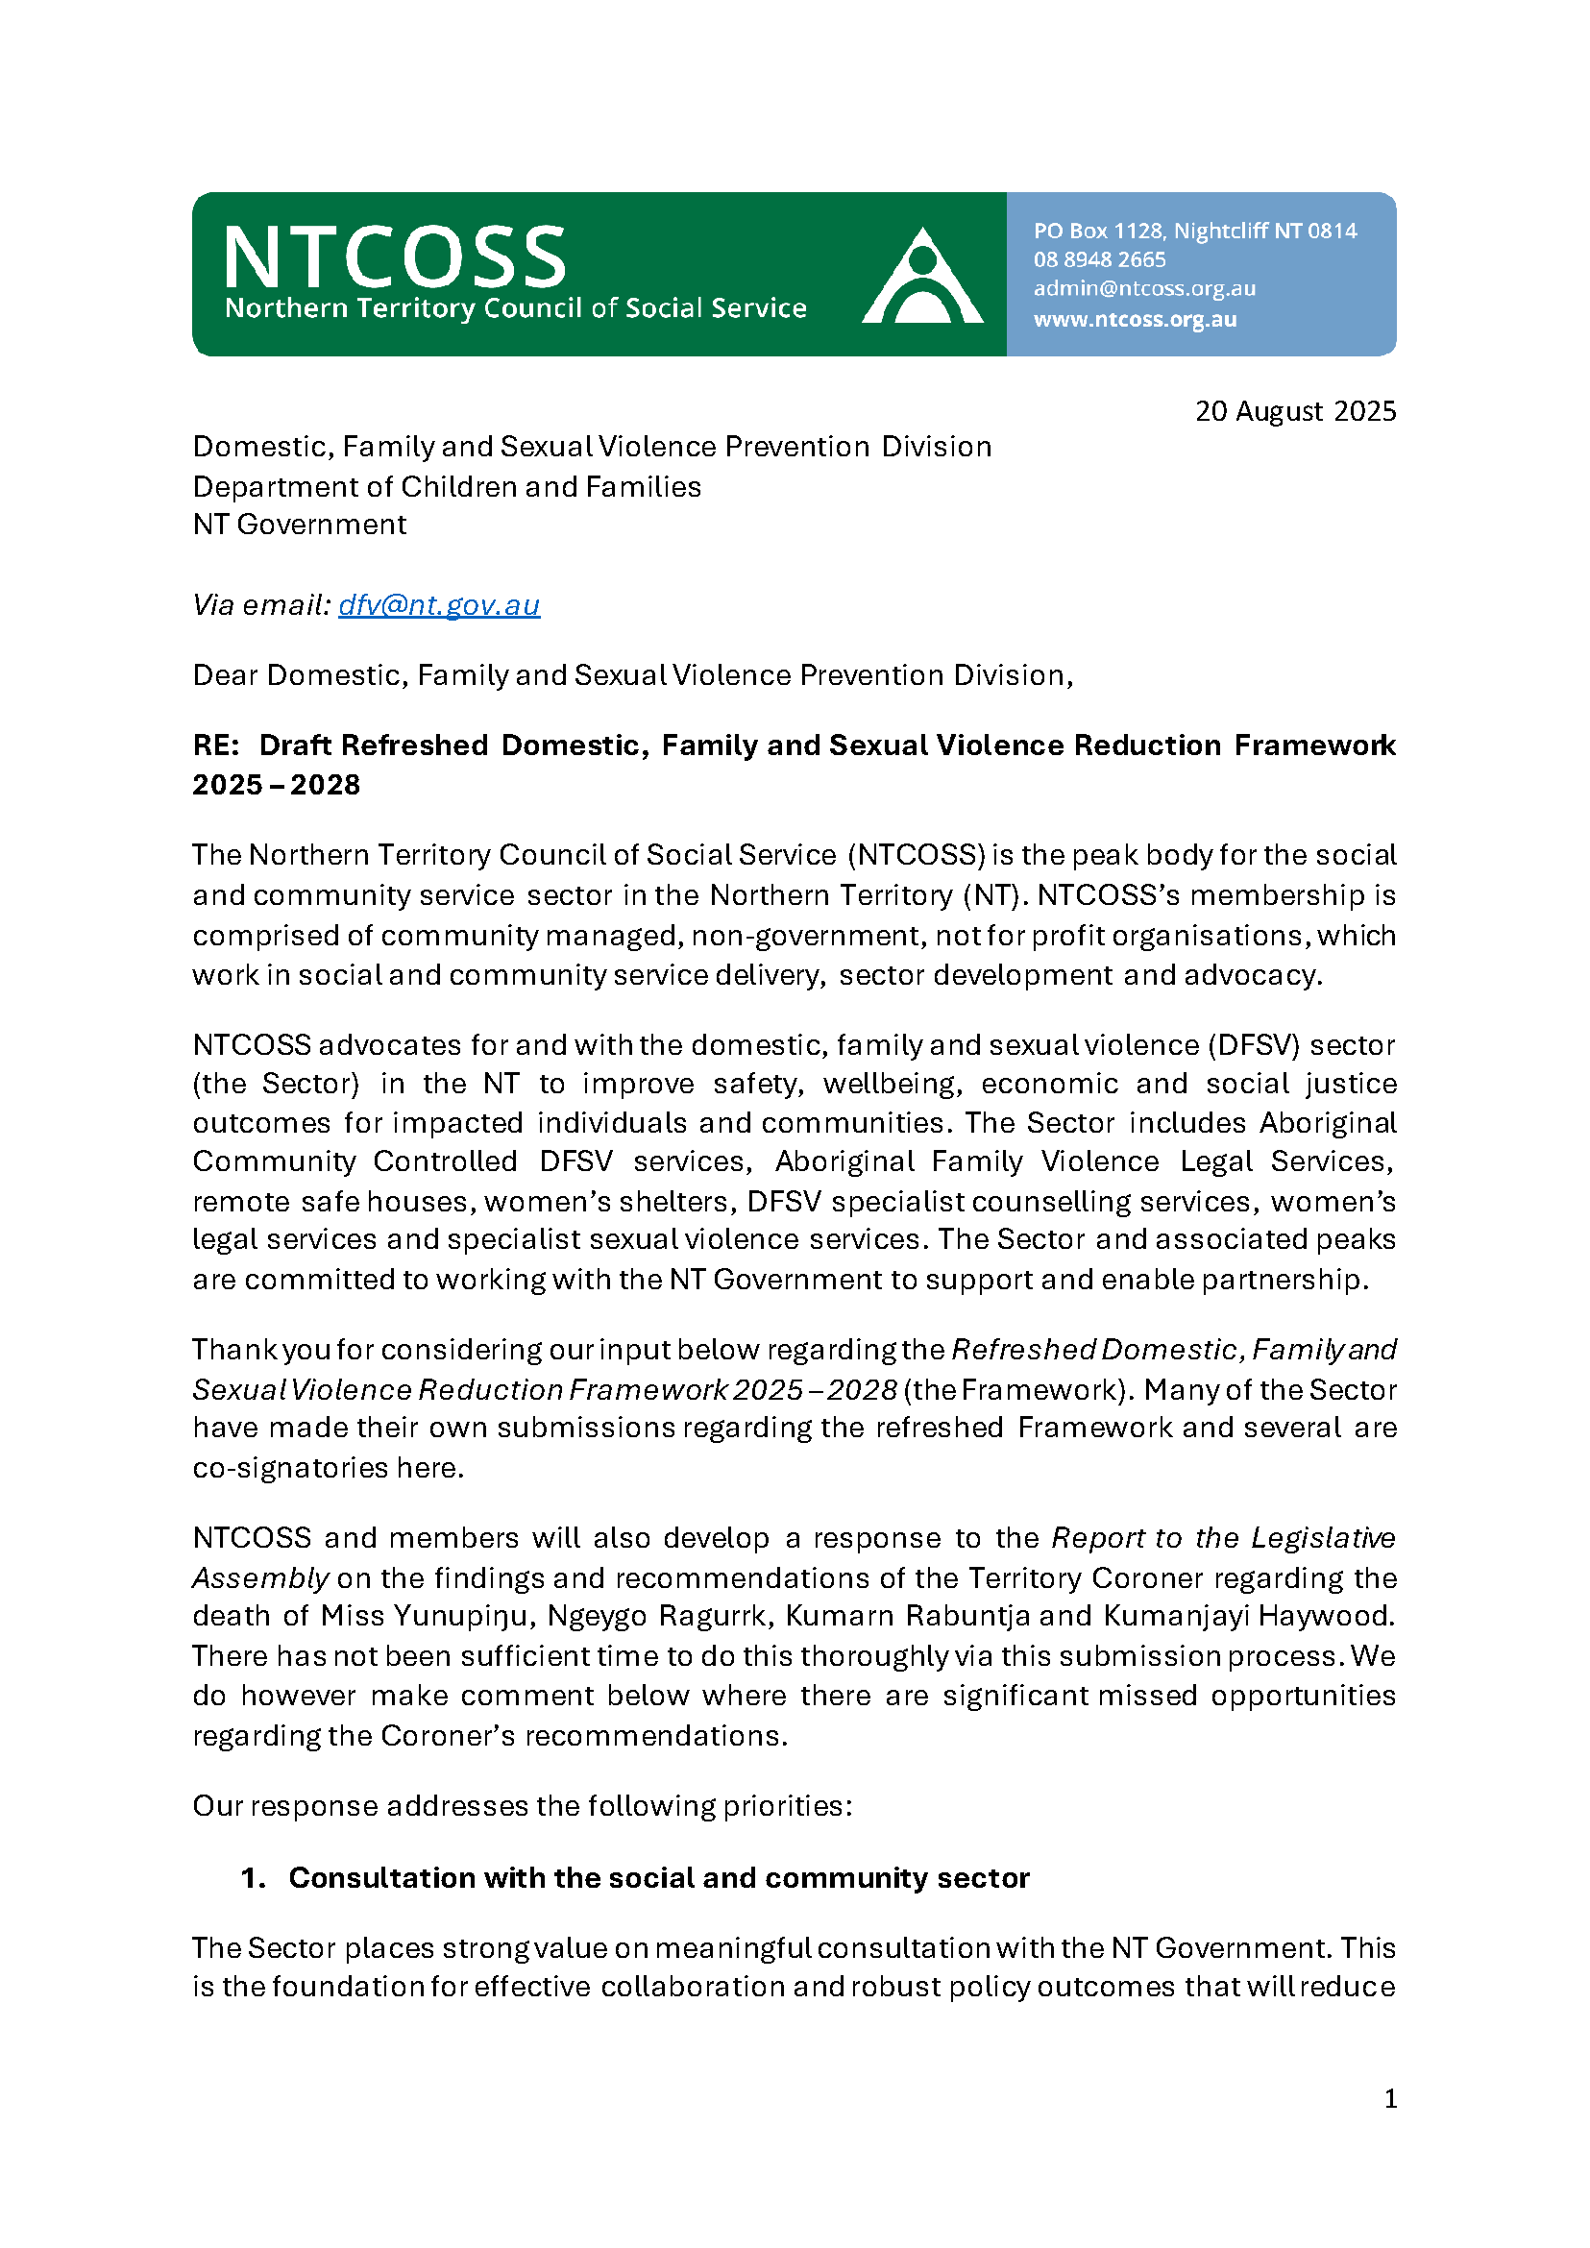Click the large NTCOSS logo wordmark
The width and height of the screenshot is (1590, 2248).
(395, 257)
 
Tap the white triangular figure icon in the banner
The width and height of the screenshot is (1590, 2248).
(921, 277)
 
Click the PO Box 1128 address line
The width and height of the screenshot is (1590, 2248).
(1194, 232)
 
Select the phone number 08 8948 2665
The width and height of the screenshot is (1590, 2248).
(1099, 260)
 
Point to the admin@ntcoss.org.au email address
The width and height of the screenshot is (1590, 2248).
(1143, 289)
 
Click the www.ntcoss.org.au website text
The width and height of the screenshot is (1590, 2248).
(1135, 319)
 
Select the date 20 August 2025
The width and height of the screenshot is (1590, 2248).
(1294, 411)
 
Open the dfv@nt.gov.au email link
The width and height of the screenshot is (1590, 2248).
(439, 605)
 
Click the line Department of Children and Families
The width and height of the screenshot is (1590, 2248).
(447, 487)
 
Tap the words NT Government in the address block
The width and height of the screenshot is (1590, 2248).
(299, 525)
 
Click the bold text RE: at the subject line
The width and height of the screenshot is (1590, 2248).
(215, 745)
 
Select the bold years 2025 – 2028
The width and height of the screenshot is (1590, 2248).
(276, 785)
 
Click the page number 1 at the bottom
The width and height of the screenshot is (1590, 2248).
(1390, 2098)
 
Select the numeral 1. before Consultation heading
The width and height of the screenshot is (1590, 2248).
(253, 1878)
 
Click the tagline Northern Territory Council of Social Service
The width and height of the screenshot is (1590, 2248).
(516, 308)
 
